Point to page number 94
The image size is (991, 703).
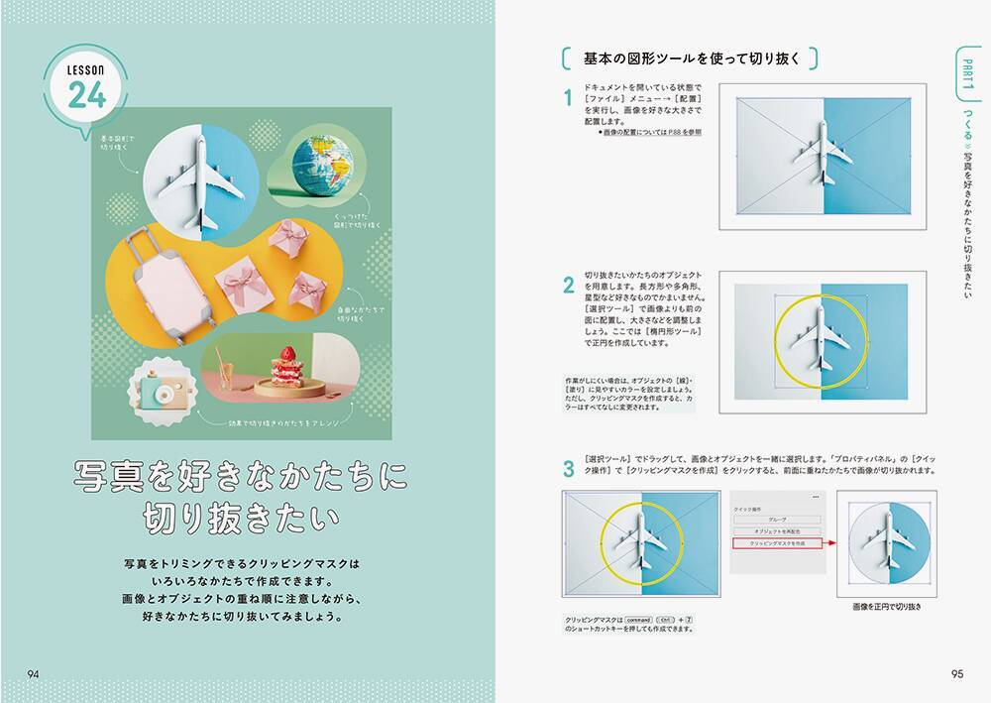click(34, 674)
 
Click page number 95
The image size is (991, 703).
click(956, 674)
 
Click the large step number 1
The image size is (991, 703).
click(568, 99)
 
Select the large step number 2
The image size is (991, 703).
click(568, 287)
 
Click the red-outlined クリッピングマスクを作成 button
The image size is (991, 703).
click(776, 544)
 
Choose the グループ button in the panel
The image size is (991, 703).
click(776, 519)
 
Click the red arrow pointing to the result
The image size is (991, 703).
click(830, 543)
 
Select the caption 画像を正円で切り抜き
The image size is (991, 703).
click(887, 607)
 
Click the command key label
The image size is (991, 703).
click(636, 619)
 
